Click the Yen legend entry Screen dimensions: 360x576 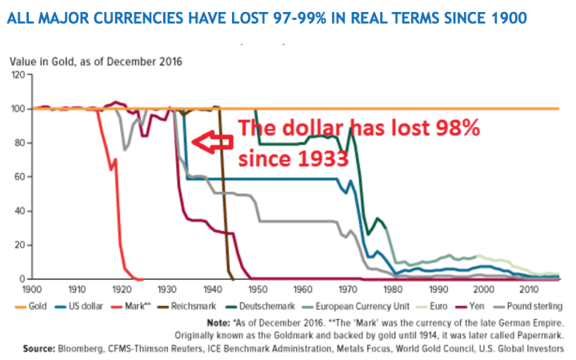coord(491,306)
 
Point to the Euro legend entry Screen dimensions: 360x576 coord(453,306)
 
